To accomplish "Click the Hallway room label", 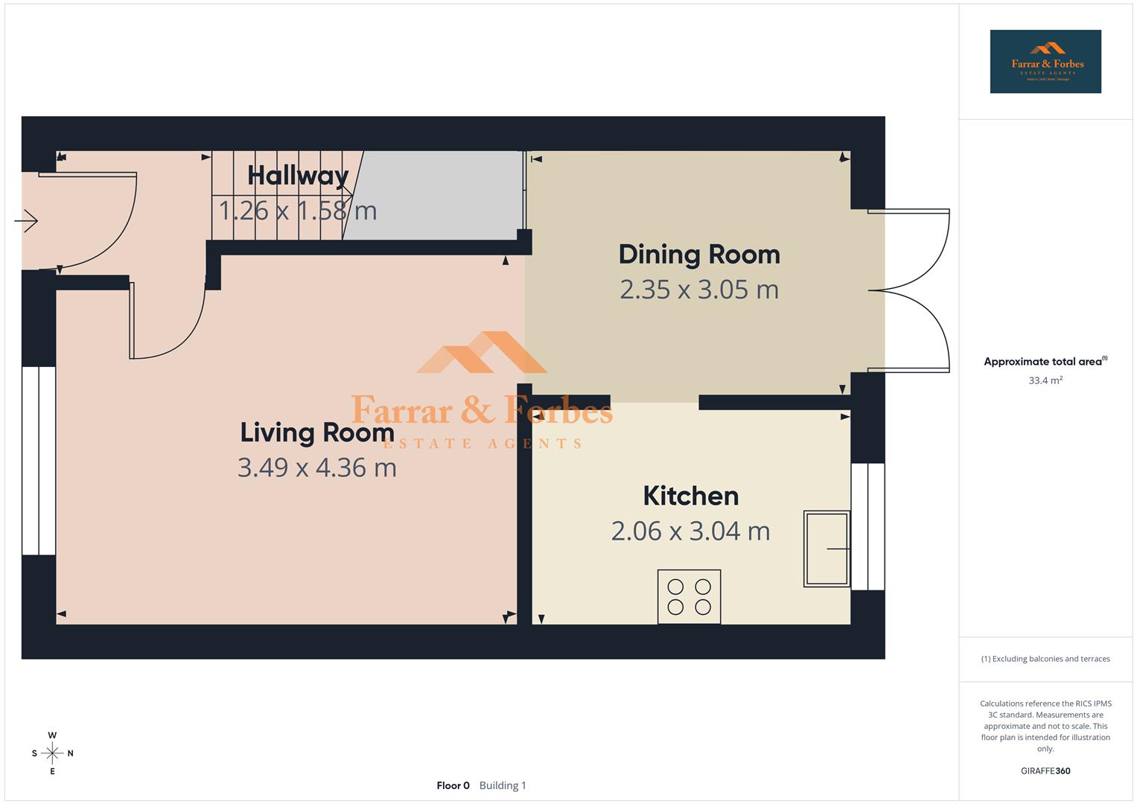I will coord(298,176).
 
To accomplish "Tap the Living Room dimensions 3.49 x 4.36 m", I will coord(316,468).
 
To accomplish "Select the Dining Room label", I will coord(699,255).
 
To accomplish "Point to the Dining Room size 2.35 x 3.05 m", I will coord(699,290).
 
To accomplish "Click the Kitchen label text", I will coord(690,496).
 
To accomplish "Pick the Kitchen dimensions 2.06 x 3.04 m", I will coord(690,531).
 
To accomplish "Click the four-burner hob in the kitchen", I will coord(689,596).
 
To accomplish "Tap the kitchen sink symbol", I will coord(827,549).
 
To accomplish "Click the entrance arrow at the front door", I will coord(27,220).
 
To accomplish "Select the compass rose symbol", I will coord(52,753).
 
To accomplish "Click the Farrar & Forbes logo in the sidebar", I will coord(1045,62).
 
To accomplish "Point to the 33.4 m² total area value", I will coord(1045,380).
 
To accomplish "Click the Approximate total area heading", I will coord(1044,362).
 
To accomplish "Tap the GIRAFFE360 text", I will coord(1045,771).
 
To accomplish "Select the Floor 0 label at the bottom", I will coord(453,785).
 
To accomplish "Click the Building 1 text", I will coord(503,785).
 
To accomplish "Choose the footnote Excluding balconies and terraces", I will coord(1045,659).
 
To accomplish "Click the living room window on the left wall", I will coord(39,460).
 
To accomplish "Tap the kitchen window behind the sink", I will coord(867,526).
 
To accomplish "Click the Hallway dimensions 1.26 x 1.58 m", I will coord(298,211).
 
